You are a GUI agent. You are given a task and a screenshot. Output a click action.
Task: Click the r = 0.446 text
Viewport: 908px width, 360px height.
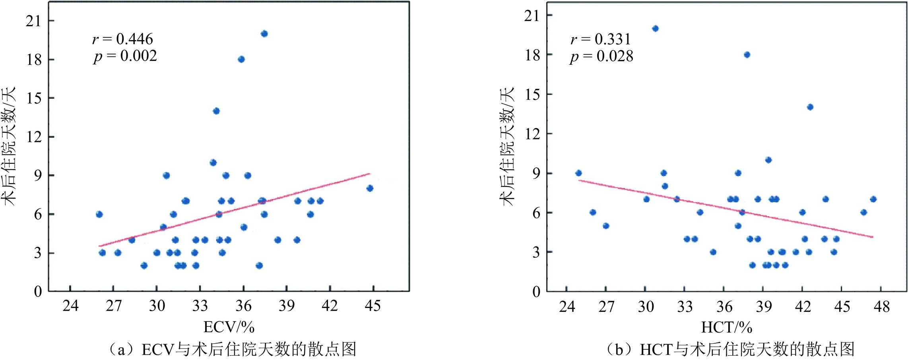click(122, 39)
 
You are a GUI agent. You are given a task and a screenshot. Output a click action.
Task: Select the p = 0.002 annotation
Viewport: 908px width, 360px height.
click(125, 56)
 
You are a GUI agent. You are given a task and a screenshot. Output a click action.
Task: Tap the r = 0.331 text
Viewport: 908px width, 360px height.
click(600, 39)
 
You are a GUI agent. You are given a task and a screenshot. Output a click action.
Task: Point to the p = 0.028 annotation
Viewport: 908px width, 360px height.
click(601, 56)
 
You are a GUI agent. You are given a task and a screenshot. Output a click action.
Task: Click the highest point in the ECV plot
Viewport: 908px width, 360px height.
click(264, 34)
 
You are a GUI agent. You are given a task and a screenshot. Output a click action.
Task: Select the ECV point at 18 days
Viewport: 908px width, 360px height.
click(241, 59)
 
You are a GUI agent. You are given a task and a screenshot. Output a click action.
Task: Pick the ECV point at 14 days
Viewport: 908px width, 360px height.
click(216, 111)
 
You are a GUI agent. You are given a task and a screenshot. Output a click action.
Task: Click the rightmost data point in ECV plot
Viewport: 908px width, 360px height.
click(370, 188)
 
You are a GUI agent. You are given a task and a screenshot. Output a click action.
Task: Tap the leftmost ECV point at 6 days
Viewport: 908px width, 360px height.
click(99, 214)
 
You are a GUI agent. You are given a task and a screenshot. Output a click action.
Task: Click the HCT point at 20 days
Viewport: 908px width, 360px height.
click(655, 28)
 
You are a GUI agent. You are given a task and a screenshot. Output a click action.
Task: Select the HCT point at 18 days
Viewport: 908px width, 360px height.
click(747, 54)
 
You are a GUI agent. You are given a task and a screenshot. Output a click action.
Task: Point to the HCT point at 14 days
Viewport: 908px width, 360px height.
click(810, 107)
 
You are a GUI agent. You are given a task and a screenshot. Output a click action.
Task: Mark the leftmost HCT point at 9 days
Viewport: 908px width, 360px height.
click(578, 173)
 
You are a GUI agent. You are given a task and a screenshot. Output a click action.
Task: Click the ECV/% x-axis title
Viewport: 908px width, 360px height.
click(229, 327)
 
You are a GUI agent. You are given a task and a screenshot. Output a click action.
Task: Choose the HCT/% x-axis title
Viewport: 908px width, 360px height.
click(727, 327)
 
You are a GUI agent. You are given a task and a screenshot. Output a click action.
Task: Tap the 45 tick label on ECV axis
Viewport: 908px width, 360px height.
click(373, 306)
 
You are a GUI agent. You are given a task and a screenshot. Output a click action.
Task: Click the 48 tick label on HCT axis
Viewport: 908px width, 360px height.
click(881, 306)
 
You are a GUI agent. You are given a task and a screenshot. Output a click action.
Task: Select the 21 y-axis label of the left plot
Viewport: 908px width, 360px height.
click(34, 21)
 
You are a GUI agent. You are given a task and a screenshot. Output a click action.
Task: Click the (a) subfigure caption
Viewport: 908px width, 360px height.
click(232, 349)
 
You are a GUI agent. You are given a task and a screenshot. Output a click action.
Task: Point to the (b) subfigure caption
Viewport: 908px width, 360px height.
click(730, 349)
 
